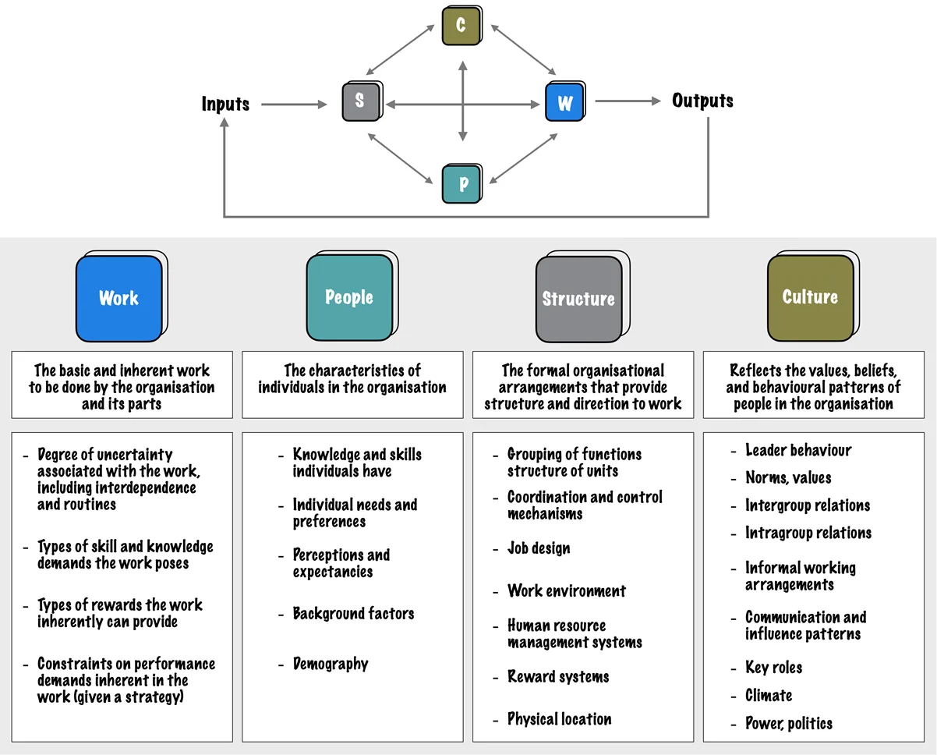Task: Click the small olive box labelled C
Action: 461,25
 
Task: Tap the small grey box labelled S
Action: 359,101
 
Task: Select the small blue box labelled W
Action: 564,101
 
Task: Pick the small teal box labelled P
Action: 462,183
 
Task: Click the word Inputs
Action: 225,104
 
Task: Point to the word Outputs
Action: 702,101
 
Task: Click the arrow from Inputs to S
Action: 294,104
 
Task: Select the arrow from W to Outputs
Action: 627,101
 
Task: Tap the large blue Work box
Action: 119,298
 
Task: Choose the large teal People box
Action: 349,297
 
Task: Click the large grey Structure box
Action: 578,299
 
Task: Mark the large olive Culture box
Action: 810,297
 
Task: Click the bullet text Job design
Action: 539,548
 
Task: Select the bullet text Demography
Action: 330,664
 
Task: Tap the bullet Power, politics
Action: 788,723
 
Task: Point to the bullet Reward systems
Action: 558,676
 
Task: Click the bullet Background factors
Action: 353,613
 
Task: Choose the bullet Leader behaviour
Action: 798,450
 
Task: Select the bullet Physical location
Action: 559,719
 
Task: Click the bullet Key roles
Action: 773,668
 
